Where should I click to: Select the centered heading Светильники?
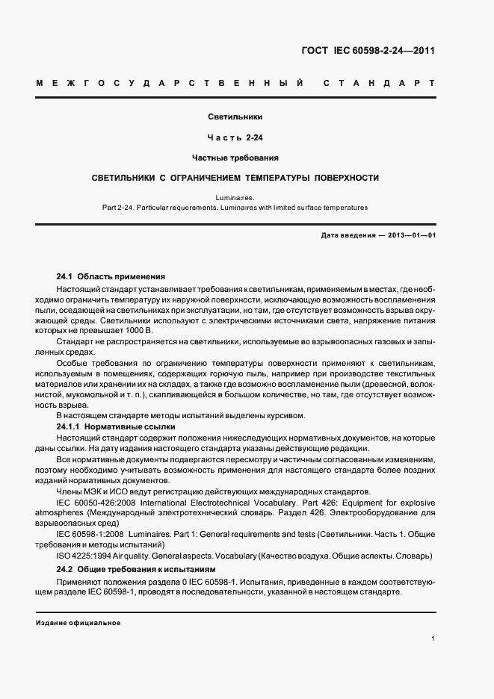(235, 116)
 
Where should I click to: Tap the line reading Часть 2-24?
(235, 137)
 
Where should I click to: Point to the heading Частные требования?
(235, 158)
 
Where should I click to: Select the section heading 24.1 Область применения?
(111, 276)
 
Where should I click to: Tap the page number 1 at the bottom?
(433, 638)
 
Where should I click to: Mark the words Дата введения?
(348, 236)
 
